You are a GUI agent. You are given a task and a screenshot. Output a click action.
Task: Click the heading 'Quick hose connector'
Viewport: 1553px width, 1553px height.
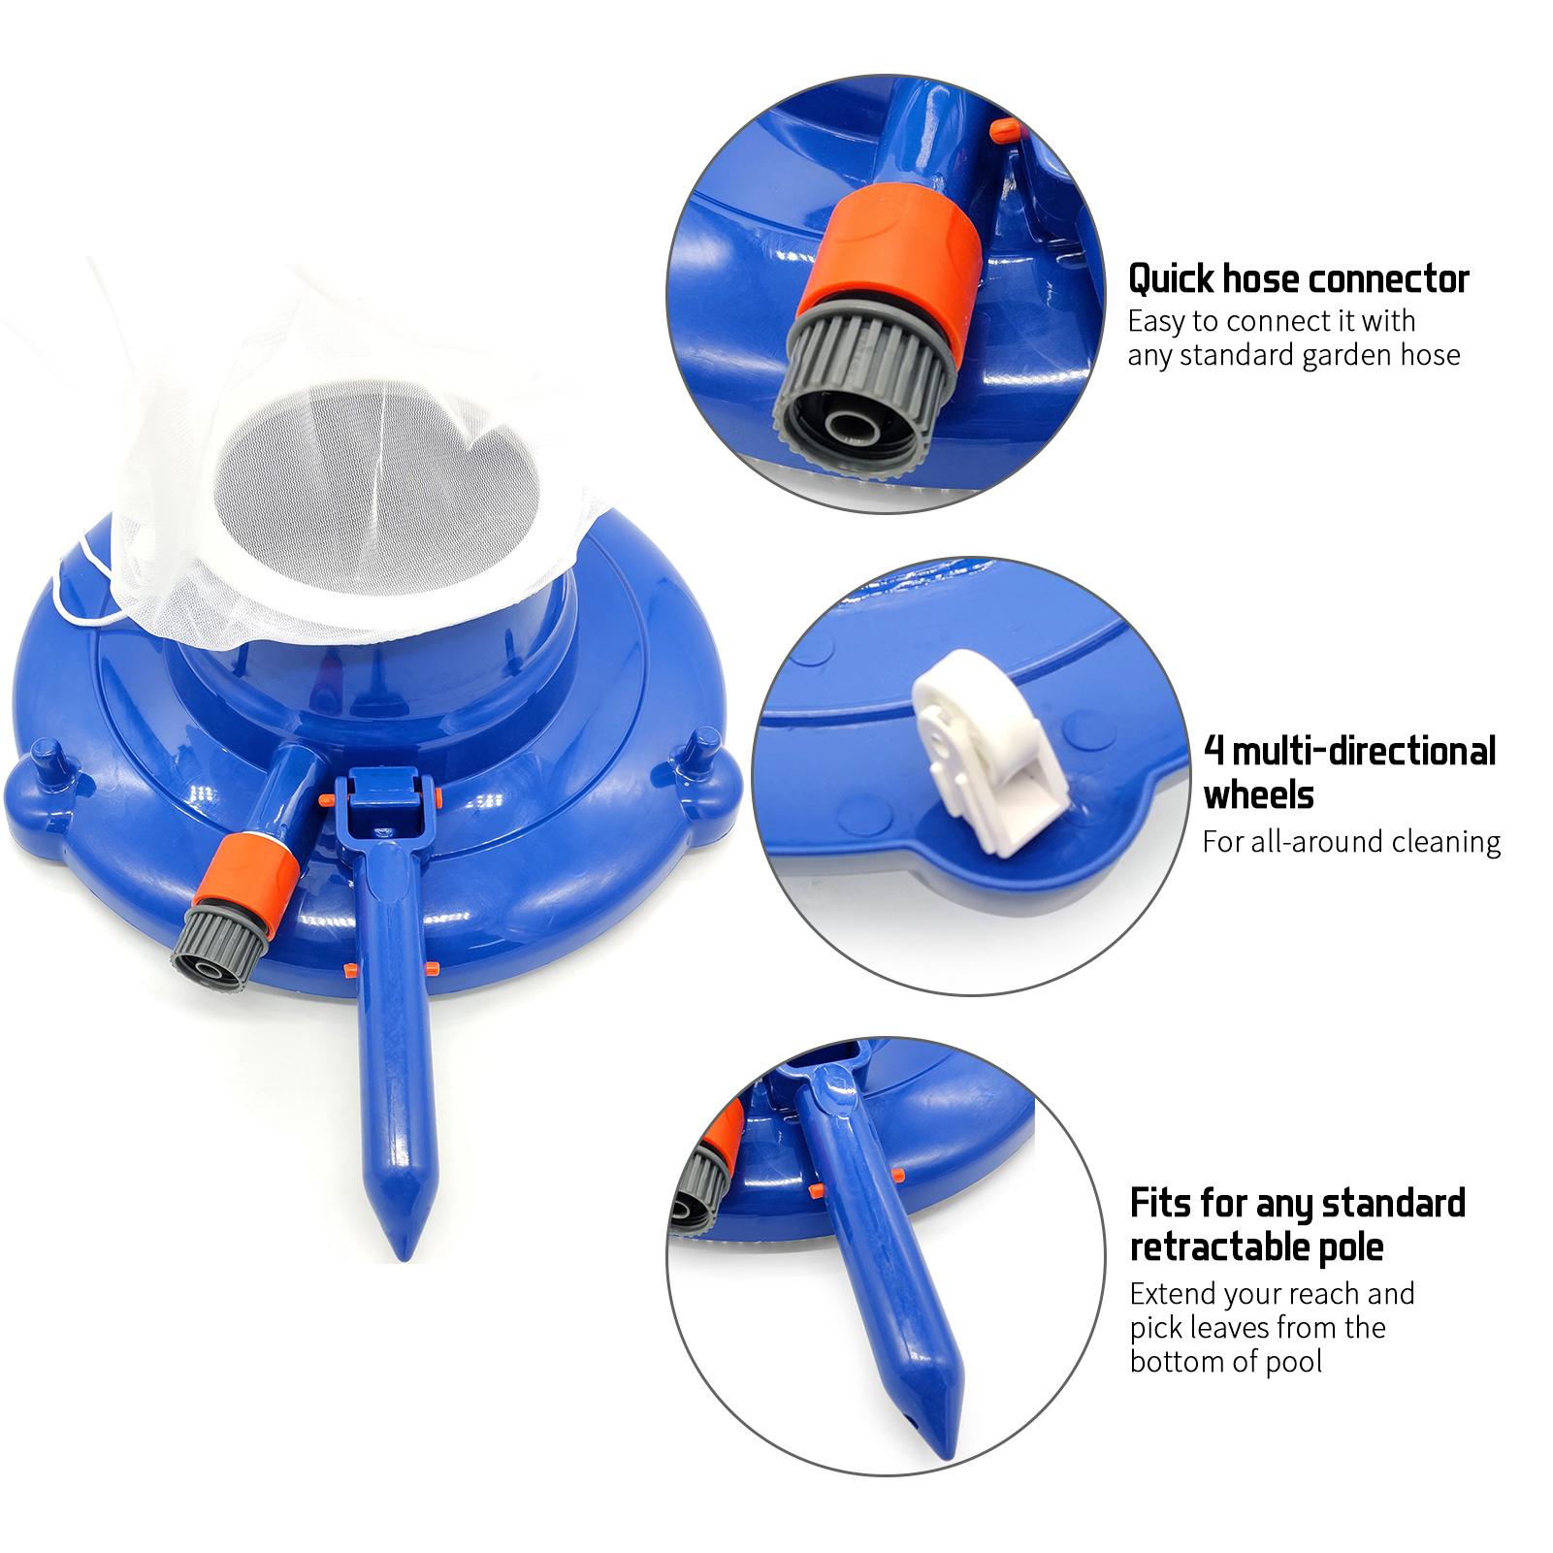pos(1298,279)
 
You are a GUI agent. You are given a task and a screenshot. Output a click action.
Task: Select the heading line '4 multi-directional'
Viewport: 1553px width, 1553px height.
pos(1350,751)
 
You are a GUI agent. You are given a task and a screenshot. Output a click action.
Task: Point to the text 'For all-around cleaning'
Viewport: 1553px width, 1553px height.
pos(1351,841)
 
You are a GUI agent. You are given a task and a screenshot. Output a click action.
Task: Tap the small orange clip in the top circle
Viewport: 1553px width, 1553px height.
pos(1003,130)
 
